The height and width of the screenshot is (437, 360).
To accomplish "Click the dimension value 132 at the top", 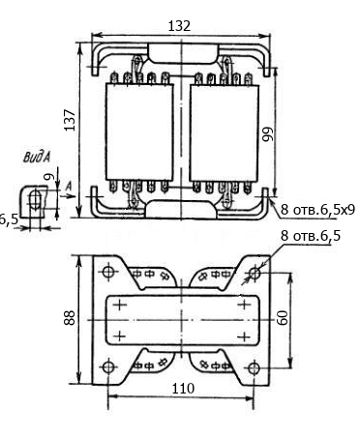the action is tap(179, 26).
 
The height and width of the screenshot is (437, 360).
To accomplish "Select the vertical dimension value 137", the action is tap(70, 120).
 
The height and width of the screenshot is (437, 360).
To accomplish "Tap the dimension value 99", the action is tap(268, 134).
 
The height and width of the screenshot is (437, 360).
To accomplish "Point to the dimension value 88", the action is tap(70, 317).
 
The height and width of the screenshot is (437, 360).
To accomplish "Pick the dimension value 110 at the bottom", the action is tap(183, 389).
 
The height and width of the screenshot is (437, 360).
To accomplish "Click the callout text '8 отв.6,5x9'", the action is tap(317, 210).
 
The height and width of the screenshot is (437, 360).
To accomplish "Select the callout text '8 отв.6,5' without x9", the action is tap(311, 236).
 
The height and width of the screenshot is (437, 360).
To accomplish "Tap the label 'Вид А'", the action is tap(37, 158).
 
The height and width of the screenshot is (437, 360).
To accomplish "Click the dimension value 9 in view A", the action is tap(49, 177).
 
